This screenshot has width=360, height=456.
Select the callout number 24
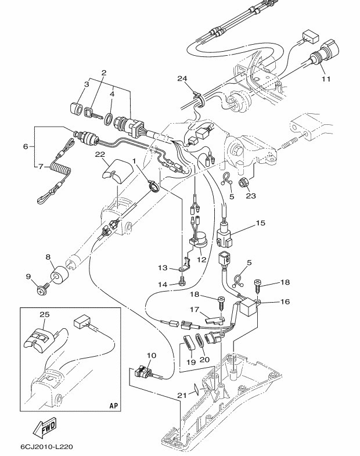click(x=182, y=78)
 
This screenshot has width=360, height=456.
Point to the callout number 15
click(x=260, y=222)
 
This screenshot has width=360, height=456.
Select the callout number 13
click(x=163, y=268)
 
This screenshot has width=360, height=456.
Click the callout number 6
click(x=25, y=147)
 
